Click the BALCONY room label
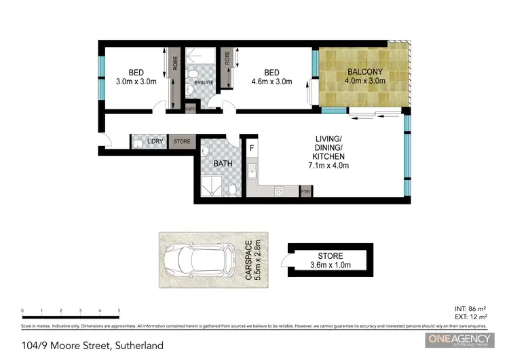366,72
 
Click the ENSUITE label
204,83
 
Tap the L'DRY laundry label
156,141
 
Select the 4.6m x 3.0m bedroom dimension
271,82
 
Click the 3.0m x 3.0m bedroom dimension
136,82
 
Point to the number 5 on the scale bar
119,310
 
